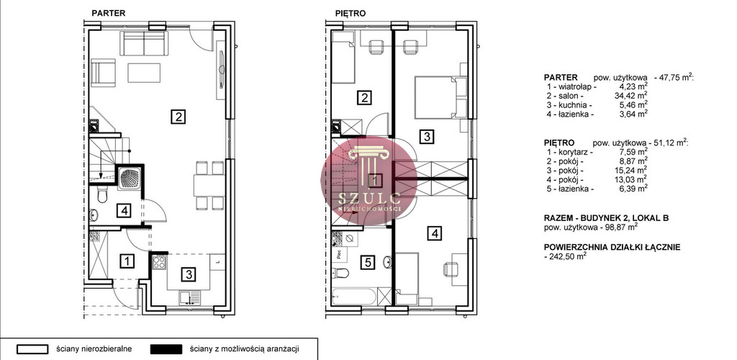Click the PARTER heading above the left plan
coord(108,13)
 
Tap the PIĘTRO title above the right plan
coord(351,13)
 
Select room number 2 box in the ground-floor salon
coord(177,116)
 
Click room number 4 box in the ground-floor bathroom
coord(124,210)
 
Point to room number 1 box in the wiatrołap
coord(127,260)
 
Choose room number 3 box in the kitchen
coord(188,274)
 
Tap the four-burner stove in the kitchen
coord(159,262)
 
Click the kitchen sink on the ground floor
coord(189,297)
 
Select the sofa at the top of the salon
coord(143,44)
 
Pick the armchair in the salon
coord(103,73)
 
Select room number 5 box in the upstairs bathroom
coord(368,262)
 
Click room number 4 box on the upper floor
coord(435,233)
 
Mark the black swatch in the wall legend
coord(166,349)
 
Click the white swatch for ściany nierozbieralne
coord(32,349)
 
